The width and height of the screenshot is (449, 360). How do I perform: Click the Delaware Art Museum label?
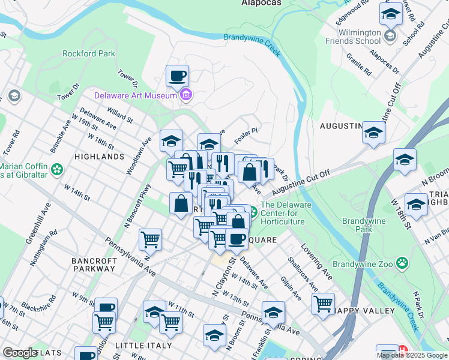tap(135, 95)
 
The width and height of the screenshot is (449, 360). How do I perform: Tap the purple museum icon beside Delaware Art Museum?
tap(186, 95)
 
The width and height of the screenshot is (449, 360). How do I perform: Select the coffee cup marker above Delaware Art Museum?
tap(177, 76)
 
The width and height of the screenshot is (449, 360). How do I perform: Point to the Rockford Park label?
tap(89, 53)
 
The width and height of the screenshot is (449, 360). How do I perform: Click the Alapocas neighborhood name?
tap(261, 3)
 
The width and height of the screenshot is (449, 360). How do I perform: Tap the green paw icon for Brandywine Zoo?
tap(402, 262)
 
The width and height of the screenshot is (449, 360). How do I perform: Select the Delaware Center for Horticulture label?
tap(286, 213)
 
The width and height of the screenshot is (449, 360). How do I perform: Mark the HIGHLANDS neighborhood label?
tap(99, 156)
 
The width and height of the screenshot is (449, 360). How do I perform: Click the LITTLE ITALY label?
tap(143, 346)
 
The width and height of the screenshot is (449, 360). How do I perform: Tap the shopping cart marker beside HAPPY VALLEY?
tap(324, 304)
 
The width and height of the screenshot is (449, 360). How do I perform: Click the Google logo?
tap(20, 353)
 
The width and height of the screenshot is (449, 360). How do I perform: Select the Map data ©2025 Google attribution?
tap(412, 355)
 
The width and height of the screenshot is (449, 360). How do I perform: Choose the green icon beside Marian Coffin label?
tap(57, 169)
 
